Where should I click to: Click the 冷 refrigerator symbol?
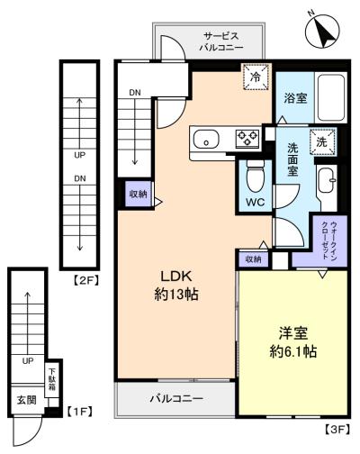255,78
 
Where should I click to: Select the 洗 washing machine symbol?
322,141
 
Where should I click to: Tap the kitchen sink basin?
206,139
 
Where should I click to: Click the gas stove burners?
247,138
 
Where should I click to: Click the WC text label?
256,203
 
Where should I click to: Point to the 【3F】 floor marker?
336,430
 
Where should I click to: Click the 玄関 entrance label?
24,398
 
